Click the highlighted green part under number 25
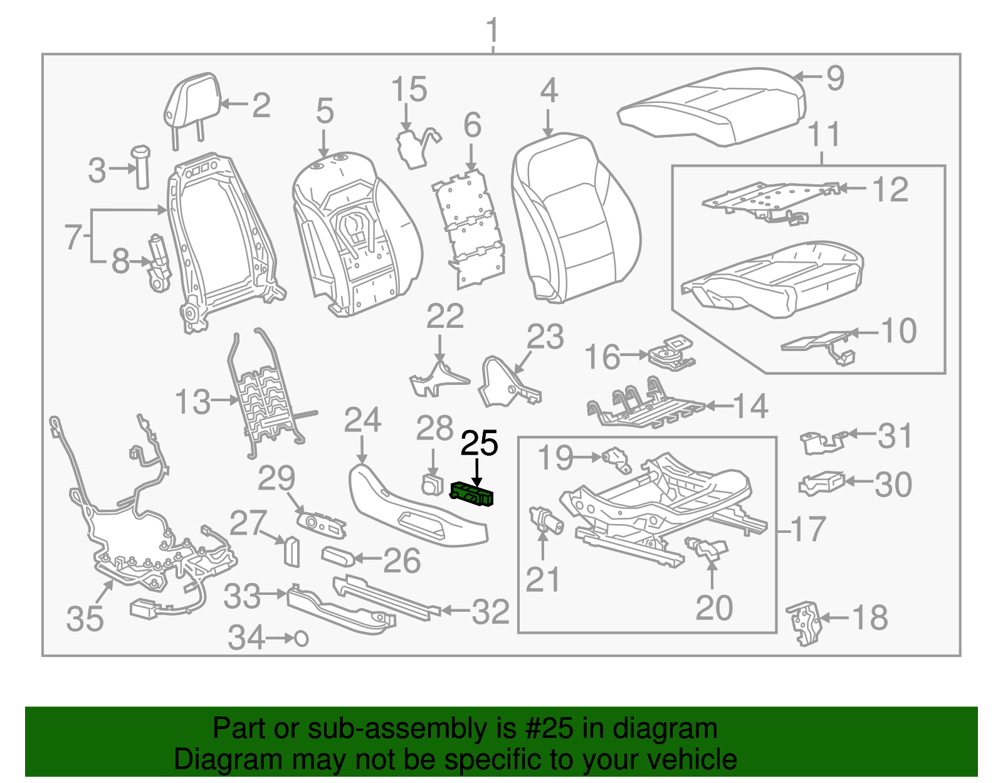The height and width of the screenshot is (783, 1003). [472, 493]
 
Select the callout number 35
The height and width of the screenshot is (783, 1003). [85, 618]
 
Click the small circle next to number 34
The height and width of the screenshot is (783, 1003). [301, 639]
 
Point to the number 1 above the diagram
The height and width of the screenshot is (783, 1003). [493, 31]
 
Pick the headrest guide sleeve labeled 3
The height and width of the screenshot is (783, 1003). [141, 167]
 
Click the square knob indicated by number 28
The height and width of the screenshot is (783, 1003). [433, 485]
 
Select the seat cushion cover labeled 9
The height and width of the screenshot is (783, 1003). [712, 107]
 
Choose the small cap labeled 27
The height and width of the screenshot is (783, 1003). [291, 551]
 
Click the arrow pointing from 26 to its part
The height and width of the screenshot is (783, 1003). [368, 559]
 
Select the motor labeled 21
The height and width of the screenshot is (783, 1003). [545, 520]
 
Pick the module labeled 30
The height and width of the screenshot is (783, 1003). [822, 483]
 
